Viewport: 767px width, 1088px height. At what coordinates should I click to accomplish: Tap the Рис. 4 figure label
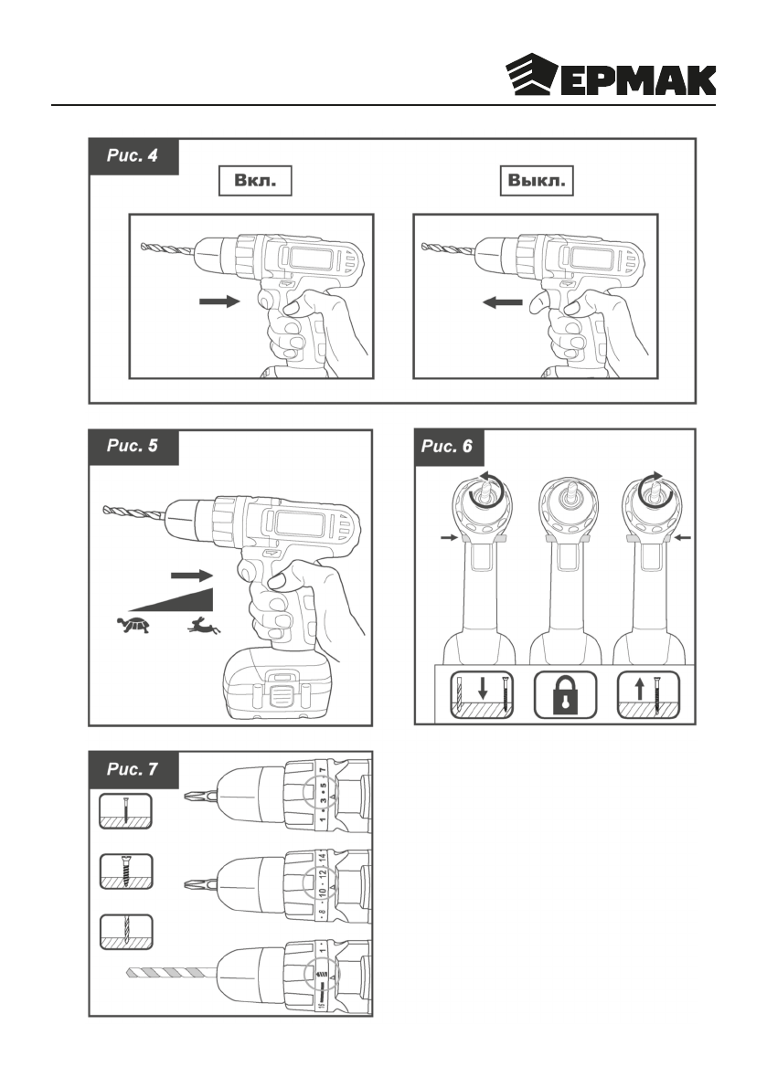[133, 156]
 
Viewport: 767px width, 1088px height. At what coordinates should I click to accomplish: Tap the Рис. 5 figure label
[133, 447]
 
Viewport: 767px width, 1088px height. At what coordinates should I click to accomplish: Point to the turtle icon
[133, 626]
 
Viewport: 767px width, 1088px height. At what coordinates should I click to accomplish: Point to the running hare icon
[207, 626]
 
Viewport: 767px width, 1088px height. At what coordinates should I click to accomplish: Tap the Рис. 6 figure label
[448, 447]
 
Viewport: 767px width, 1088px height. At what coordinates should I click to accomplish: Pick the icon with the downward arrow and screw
[478, 696]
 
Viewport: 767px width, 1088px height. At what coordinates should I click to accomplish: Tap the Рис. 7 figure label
[133, 769]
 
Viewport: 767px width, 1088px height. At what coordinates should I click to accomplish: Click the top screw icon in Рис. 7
[124, 811]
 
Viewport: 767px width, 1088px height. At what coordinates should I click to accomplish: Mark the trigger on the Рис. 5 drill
[249, 572]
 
